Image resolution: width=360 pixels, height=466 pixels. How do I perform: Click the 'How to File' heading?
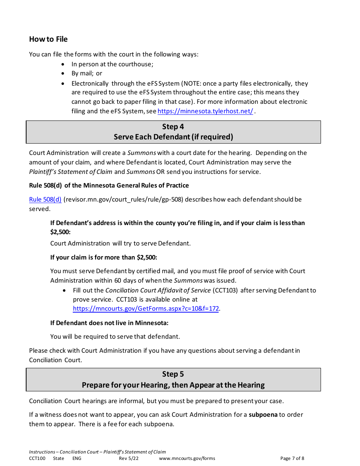(x=48, y=39)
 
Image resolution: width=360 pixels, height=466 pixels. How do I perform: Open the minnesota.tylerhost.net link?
(x=205, y=111)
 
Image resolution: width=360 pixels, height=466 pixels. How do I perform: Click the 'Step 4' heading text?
(x=173, y=127)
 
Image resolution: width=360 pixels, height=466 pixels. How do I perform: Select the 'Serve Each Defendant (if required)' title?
(x=173, y=137)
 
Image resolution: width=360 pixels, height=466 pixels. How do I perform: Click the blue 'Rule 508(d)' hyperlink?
(x=45, y=199)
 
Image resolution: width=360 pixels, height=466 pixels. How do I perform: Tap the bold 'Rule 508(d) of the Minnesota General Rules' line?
(x=109, y=185)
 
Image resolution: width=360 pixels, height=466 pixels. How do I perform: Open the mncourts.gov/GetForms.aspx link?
(x=146, y=309)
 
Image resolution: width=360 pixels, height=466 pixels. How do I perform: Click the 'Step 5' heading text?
(x=173, y=374)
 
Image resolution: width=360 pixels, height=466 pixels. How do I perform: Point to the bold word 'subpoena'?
(x=263, y=414)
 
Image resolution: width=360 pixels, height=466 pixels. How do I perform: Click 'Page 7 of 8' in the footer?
(x=292, y=458)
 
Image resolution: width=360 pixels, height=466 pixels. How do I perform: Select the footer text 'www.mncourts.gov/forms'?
(x=187, y=458)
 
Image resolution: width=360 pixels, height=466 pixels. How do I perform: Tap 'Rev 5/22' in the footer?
(x=129, y=458)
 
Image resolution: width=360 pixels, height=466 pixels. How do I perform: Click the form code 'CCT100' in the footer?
(x=37, y=458)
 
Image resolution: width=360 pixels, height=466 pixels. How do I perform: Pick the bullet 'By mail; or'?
(x=87, y=73)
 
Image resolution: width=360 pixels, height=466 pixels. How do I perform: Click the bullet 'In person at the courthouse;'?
(x=112, y=64)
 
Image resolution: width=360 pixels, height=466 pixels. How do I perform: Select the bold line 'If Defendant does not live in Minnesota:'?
(x=109, y=323)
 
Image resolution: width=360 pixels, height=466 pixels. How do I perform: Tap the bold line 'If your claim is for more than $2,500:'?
(x=103, y=257)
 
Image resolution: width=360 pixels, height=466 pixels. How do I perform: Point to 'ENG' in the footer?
(x=77, y=458)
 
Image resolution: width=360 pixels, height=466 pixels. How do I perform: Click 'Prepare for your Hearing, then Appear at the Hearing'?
(x=173, y=385)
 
